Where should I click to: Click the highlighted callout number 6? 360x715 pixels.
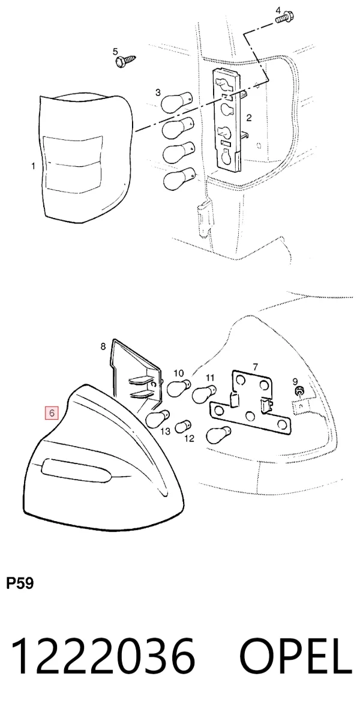(x=52, y=413)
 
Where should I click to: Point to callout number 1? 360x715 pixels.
(x=33, y=166)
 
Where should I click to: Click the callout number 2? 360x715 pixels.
(x=249, y=118)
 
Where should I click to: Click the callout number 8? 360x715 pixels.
(x=103, y=346)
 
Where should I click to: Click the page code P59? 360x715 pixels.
(x=20, y=583)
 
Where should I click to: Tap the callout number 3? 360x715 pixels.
(x=158, y=92)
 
